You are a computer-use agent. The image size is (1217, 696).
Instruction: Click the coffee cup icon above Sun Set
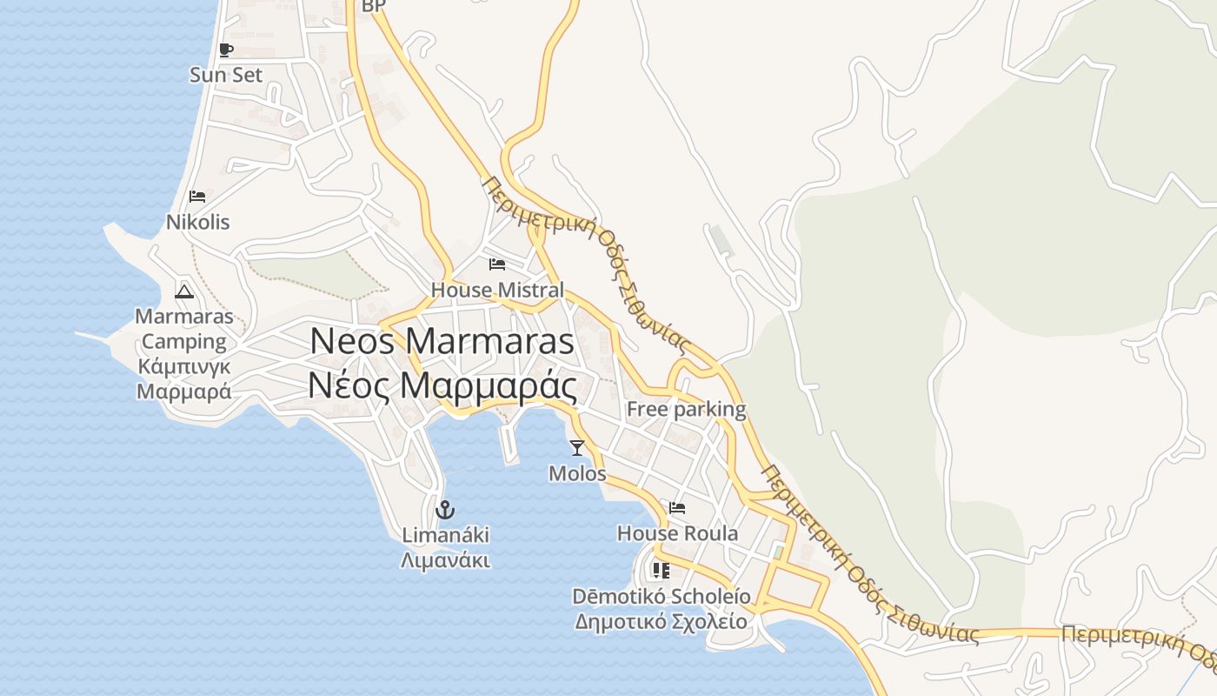(x=226, y=50)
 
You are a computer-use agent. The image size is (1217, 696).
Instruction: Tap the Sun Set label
(x=226, y=75)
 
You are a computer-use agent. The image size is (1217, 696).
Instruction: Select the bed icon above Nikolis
(x=197, y=197)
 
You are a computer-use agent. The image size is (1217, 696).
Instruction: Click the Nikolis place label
(x=198, y=222)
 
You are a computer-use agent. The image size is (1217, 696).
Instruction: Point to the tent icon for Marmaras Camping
(x=183, y=291)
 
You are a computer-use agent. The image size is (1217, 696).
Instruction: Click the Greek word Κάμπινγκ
(x=184, y=366)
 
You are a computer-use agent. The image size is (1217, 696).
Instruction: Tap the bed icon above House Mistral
(x=497, y=264)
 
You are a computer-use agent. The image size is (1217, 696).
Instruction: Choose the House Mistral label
(x=497, y=290)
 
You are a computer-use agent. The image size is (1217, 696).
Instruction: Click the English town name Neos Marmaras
(x=442, y=341)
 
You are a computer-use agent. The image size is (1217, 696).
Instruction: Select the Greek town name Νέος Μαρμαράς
(x=443, y=385)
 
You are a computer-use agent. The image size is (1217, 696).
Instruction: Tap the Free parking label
(x=686, y=409)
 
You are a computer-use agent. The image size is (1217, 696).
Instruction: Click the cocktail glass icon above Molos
(x=576, y=448)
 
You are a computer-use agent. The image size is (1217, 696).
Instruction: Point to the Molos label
(x=577, y=473)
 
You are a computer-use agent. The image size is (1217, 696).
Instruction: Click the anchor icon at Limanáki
(x=445, y=509)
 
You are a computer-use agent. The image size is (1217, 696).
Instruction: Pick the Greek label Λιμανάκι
(x=445, y=560)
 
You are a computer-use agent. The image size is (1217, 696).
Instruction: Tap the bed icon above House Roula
(x=677, y=508)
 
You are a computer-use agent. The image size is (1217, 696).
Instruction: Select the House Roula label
(x=677, y=533)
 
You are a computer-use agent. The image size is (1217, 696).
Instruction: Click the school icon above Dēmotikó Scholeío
(x=661, y=571)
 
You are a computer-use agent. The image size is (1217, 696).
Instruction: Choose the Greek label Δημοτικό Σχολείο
(x=661, y=621)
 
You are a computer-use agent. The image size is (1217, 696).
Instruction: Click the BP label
(x=373, y=6)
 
